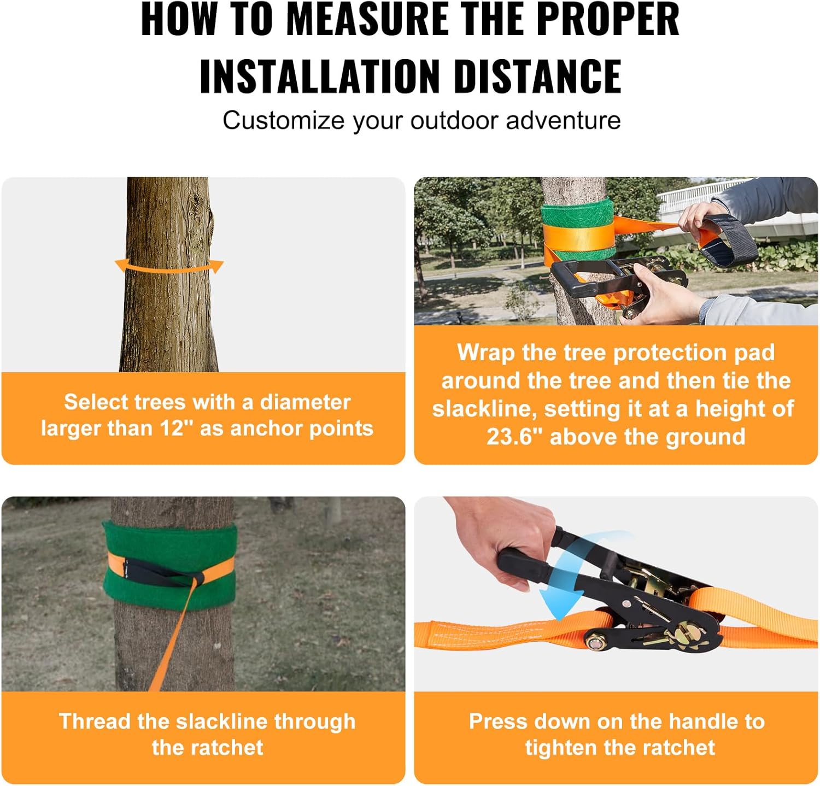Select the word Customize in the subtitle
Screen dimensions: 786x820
tap(283, 120)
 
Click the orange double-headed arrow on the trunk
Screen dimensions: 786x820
tap(169, 267)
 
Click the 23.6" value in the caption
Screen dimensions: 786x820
tap(514, 437)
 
